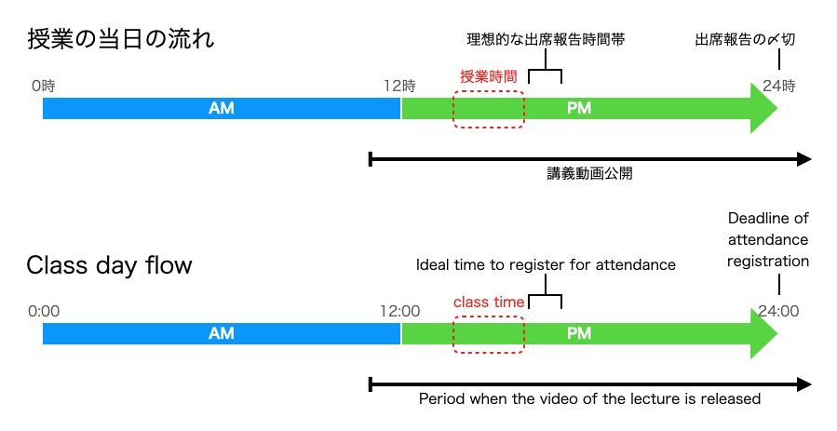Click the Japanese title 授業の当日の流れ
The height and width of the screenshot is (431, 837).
122,41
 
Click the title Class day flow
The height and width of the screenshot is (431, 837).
109,265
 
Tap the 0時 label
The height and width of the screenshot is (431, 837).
44,86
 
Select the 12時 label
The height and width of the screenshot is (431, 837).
400,86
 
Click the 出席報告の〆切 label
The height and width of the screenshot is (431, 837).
745,41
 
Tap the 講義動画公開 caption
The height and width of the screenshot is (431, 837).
590,173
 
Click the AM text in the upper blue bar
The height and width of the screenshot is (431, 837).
221,109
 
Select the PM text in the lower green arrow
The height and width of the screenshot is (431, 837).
578,333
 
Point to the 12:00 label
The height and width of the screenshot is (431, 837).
400,311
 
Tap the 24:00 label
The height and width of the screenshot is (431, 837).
777,311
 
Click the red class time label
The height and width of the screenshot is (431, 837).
489,303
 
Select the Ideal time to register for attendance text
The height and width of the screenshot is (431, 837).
546,265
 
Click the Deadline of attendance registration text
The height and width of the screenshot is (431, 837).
768,240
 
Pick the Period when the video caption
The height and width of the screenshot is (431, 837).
590,398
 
